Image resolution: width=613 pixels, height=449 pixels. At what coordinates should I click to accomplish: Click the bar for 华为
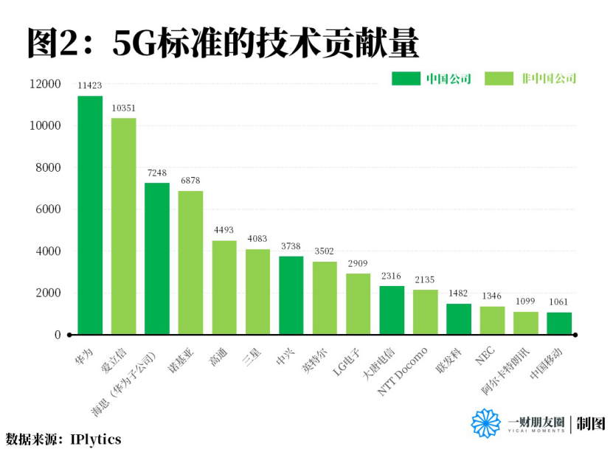click(x=90, y=215)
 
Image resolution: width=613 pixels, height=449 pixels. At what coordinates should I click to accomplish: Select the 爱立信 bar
click(x=124, y=226)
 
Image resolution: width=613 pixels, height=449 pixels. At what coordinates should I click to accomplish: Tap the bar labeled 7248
click(x=157, y=259)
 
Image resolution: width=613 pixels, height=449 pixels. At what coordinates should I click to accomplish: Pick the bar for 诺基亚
click(x=190, y=262)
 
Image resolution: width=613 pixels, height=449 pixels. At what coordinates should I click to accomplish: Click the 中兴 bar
click(x=291, y=295)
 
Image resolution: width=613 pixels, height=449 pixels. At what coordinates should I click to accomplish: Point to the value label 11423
click(x=90, y=86)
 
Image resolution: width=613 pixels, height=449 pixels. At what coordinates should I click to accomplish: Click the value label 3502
click(x=325, y=251)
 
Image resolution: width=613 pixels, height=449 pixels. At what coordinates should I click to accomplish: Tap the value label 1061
click(x=559, y=302)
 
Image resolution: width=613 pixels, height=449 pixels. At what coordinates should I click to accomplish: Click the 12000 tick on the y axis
click(x=45, y=84)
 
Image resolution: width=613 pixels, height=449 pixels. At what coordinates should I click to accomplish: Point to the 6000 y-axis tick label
click(x=48, y=209)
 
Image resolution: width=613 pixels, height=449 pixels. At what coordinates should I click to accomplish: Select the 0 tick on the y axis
click(x=57, y=335)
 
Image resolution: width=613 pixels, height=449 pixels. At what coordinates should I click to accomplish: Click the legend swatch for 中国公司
click(x=405, y=79)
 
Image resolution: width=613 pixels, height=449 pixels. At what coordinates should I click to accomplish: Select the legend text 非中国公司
click(x=549, y=79)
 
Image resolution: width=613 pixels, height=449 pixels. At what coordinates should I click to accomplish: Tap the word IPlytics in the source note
click(x=96, y=439)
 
